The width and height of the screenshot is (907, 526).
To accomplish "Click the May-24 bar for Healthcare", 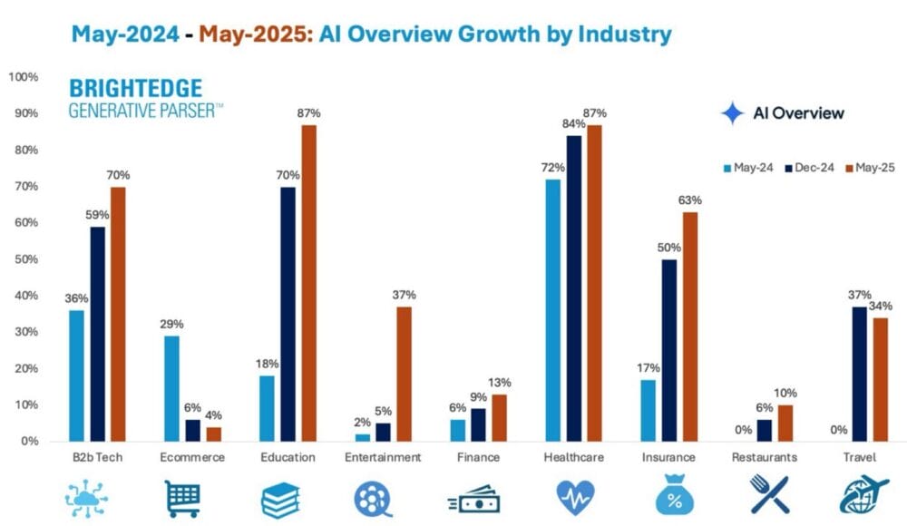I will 552,310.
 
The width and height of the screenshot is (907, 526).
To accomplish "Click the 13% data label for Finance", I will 500,383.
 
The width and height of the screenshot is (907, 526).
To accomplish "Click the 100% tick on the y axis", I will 22,77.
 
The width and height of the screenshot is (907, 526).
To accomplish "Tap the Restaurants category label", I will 764,458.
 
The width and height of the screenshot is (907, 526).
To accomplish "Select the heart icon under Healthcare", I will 574,498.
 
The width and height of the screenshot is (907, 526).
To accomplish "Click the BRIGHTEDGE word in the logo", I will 135,89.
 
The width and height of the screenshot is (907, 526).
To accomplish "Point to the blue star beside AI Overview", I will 731,113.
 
